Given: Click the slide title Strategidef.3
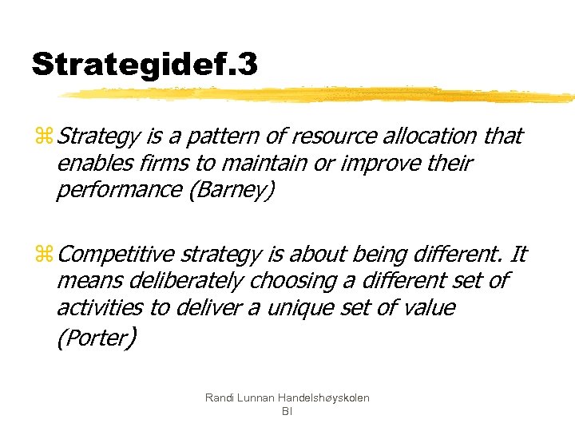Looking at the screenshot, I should point(145,64).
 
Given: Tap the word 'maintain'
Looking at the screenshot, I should point(257,164).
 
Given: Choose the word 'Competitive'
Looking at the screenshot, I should point(117,255).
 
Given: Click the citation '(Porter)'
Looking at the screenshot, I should point(97,338).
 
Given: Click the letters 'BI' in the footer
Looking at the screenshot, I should point(287,411).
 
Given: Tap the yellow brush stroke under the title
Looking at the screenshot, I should point(319,95).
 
